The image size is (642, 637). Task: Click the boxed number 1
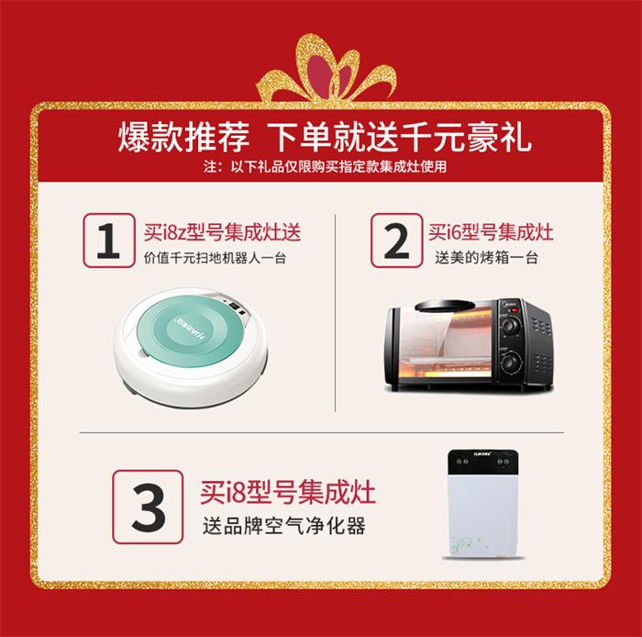coord(109,240)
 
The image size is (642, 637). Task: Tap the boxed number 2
coord(396,240)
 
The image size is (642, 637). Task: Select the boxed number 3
coord(149,507)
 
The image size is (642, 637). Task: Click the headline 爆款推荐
coord(183,138)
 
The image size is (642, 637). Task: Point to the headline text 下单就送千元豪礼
coord(400,138)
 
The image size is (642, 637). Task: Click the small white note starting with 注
coord(325,167)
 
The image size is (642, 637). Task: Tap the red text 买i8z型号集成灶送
coord(222,232)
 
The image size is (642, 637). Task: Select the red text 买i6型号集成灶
coord(491,232)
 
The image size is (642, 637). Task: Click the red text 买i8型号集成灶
coord(288,492)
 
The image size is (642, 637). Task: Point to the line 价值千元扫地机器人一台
coord(215,258)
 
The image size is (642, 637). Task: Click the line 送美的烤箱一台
coord(486,258)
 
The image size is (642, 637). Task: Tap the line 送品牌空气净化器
coord(284,526)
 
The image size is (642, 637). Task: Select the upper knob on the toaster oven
coord(510,326)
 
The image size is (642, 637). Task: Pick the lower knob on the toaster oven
coord(510,363)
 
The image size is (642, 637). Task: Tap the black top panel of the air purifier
coord(485,462)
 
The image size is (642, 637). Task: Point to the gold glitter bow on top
coord(326,69)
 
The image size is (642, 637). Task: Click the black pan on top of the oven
coord(446,306)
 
